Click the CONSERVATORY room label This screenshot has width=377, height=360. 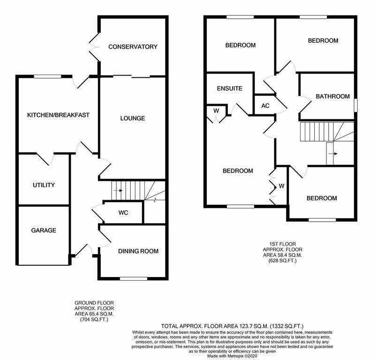[132, 47]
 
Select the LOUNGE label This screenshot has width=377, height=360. [132, 119]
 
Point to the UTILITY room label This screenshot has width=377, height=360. [44, 185]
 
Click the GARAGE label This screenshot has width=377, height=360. [44, 231]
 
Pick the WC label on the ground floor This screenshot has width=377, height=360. [123, 213]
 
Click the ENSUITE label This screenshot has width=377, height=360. [229, 88]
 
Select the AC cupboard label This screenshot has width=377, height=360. [265, 105]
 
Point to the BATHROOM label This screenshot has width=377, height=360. [332, 97]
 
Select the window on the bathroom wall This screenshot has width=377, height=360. [354, 105]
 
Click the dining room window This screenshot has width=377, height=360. [133, 279]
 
